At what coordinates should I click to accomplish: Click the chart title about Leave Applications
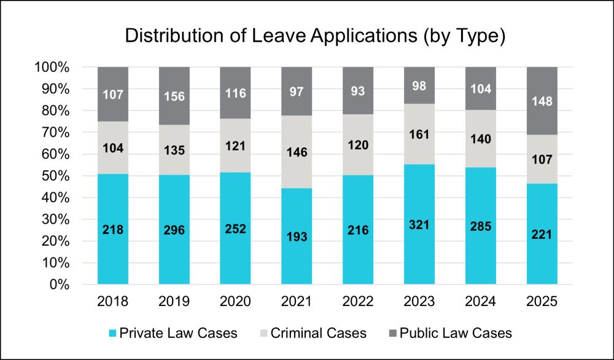[315, 36]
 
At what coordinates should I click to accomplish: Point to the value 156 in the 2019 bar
[174, 95]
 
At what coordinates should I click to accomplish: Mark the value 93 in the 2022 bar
[359, 91]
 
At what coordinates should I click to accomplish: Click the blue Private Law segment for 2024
[481, 258]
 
